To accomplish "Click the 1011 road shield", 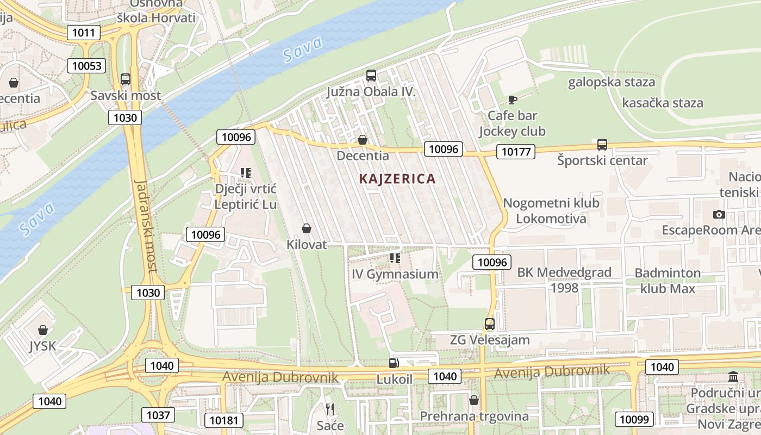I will (x=84, y=33).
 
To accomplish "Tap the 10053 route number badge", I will (x=86, y=66).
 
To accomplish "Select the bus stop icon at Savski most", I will (x=126, y=79).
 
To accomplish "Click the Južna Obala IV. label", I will (x=371, y=92).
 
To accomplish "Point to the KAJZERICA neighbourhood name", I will (x=397, y=178).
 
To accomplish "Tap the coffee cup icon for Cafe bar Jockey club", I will (x=512, y=100).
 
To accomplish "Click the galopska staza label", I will (x=612, y=83).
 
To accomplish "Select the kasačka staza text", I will (x=662, y=103).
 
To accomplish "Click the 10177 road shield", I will (x=516, y=152).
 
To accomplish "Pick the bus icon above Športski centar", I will (x=602, y=145).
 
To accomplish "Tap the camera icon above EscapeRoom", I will (x=719, y=215).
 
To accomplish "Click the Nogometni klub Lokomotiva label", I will (x=551, y=210).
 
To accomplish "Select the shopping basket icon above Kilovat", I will (x=307, y=228).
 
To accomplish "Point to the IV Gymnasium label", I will (x=395, y=274).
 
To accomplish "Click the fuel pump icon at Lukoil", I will (x=394, y=363).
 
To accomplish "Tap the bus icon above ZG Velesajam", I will (x=490, y=324).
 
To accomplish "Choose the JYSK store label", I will (x=42, y=346).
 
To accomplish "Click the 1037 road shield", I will (x=158, y=415).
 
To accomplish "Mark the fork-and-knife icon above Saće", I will (x=330, y=409).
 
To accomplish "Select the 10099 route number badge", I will (x=634, y=419).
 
